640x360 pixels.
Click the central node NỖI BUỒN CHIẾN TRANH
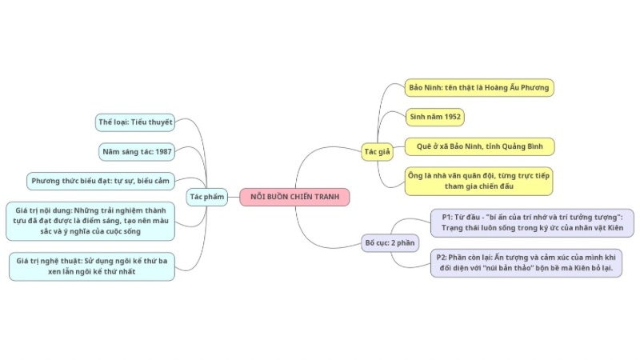point(294,197)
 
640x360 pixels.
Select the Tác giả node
point(377,151)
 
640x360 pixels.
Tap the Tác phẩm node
point(206,197)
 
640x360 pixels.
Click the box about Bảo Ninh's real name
point(478,87)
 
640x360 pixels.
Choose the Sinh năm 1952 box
point(434,117)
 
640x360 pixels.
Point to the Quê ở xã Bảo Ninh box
point(480,146)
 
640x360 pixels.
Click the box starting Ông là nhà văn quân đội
point(479,181)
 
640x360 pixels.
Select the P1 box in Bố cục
point(532,222)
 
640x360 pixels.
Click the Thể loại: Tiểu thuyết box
point(135,122)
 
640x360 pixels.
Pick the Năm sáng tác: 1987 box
point(137,151)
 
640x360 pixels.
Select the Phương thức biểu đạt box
point(101,181)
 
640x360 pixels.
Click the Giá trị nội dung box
point(90,221)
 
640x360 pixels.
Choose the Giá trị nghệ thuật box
point(92,266)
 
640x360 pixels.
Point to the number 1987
point(159,151)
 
